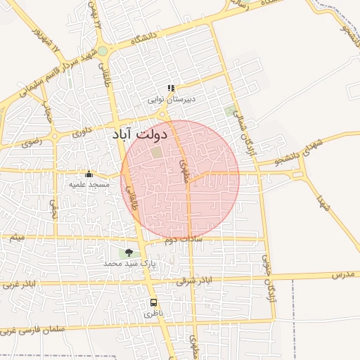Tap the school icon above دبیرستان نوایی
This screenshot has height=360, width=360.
tap(170, 89)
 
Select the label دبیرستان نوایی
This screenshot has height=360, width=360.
tap(170, 100)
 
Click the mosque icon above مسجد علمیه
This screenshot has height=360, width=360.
tap(89, 174)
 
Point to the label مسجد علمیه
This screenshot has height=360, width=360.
tap(89, 184)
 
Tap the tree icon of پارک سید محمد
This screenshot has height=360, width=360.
tap(128, 252)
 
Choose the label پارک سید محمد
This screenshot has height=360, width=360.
tap(129, 263)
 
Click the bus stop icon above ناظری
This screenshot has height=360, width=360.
tap(153, 302)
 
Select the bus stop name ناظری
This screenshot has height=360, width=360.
tap(153, 314)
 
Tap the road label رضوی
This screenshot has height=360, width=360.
tap(31, 141)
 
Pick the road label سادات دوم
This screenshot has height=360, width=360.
tap(178, 241)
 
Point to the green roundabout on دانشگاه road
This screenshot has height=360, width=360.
tap(103, 51)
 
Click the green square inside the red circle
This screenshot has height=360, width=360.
tap(156, 151)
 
